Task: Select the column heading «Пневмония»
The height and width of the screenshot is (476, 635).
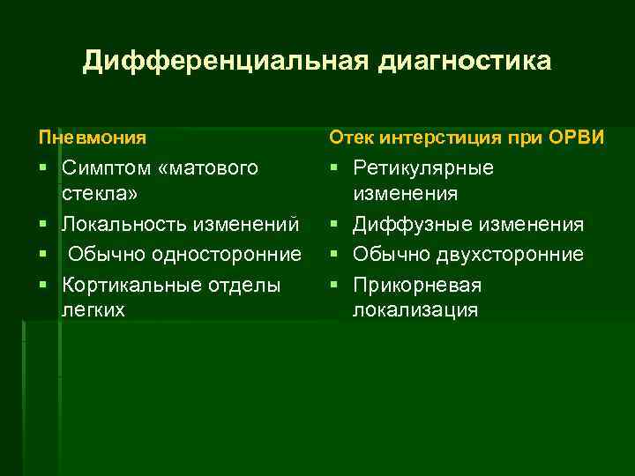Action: (93, 138)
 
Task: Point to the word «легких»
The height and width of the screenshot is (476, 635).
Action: (93, 309)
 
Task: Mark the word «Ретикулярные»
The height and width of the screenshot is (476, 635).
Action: (423, 168)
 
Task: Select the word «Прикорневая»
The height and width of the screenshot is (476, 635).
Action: (417, 285)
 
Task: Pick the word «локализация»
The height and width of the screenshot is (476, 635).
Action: (415, 309)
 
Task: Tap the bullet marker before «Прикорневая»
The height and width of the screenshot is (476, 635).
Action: (335, 285)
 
